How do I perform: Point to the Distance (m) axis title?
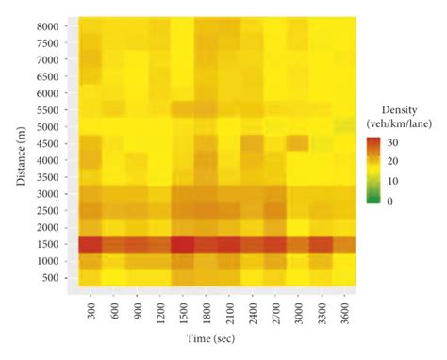[x=22, y=151]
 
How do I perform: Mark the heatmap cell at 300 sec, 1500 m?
[x=91, y=244]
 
